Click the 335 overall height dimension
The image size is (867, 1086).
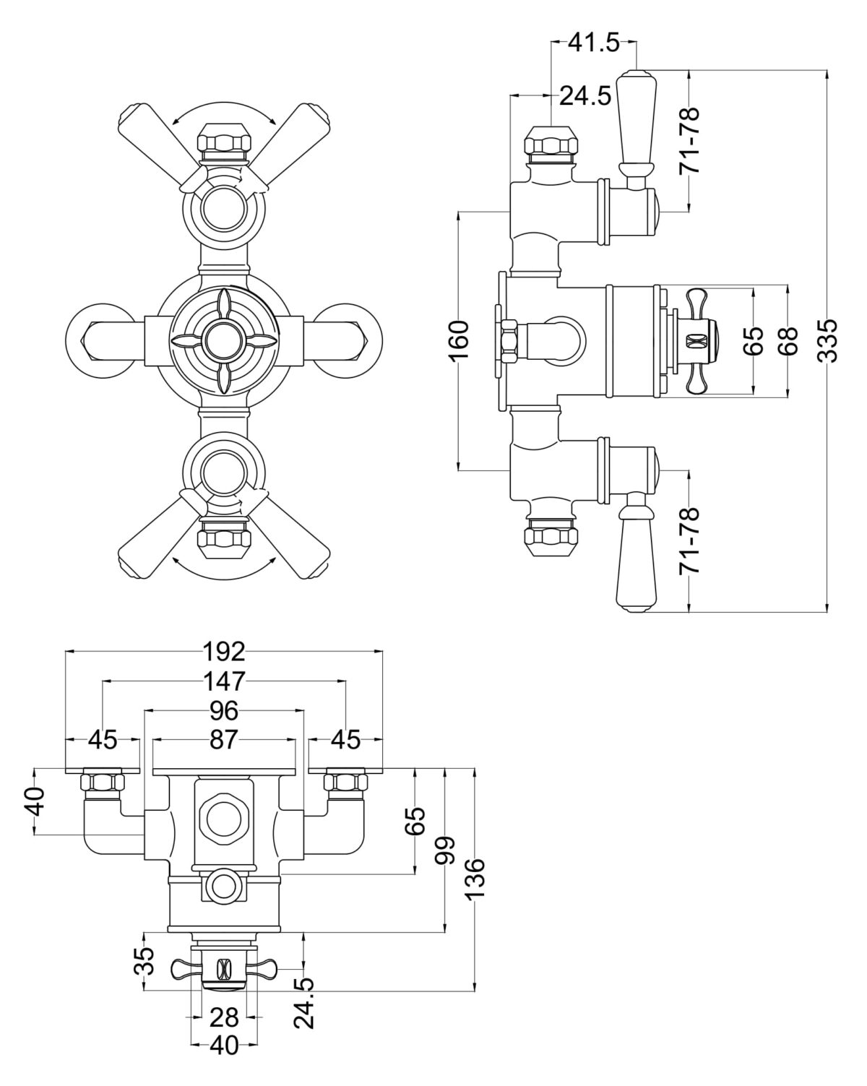pyautogui.click(x=829, y=340)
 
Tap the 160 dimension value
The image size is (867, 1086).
pyautogui.click(x=460, y=340)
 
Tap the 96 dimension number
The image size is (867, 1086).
pyautogui.click(x=224, y=711)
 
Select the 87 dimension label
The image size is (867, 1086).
pyautogui.click(x=224, y=740)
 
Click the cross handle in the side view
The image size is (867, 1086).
pyautogui.click(x=698, y=340)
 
